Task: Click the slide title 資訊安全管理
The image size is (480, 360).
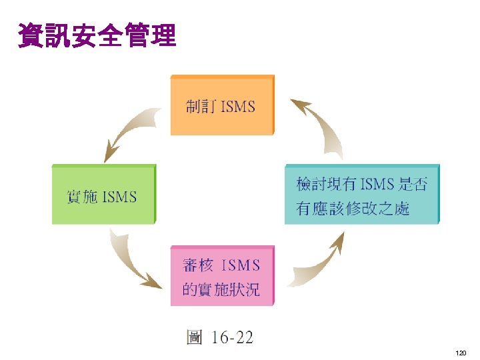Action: tap(97, 35)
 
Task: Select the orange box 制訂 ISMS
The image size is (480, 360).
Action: tap(222, 105)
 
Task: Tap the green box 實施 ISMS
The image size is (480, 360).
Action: tap(103, 195)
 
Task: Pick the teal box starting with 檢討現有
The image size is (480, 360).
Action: tap(362, 195)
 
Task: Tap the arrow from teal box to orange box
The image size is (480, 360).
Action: tap(319, 126)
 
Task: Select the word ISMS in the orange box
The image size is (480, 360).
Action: tap(237, 106)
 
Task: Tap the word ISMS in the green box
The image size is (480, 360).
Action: tap(119, 197)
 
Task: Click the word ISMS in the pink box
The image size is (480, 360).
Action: tap(239, 265)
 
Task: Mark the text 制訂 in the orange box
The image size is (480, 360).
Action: tap(201, 106)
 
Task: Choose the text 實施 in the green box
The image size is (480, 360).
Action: tap(82, 197)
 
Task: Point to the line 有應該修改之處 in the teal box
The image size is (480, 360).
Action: tap(353, 208)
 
